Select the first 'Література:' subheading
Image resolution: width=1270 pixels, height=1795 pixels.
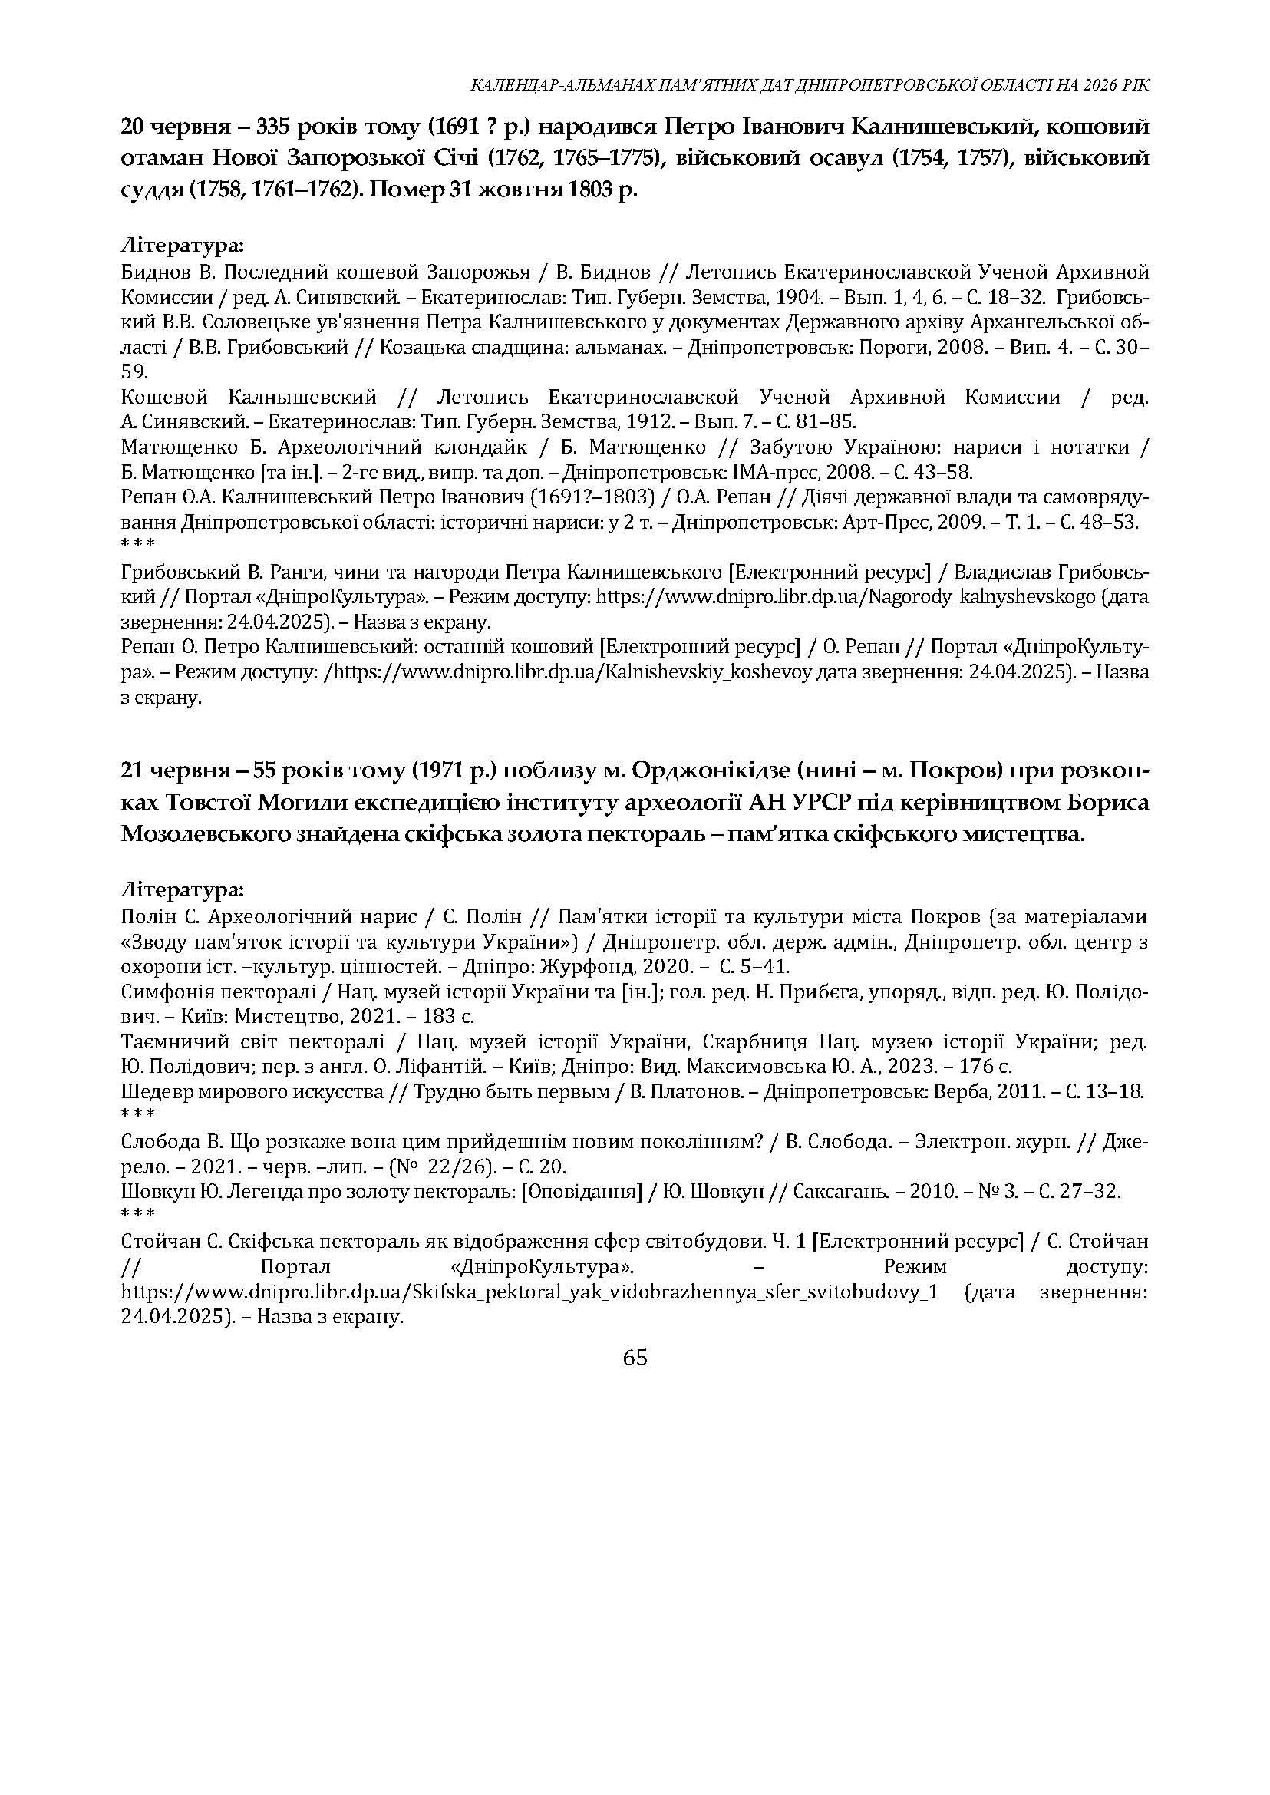tap(183, 246)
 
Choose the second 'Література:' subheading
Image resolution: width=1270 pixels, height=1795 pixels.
tap(183, 890)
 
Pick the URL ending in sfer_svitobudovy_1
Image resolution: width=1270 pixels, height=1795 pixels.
tap(529, 1292)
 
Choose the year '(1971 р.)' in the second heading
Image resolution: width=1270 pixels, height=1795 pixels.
tap(454, 771)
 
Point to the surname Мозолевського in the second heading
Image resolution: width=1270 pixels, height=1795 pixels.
tap(206, 834)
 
